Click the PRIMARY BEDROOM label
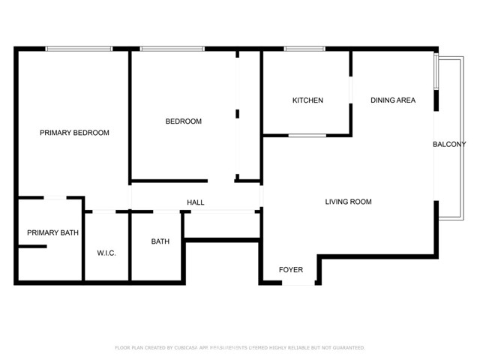click(x=74, y=133)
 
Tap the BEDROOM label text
click(x=184, y=121)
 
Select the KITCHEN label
click(x=307, y=100)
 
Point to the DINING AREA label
click(x=392, y=100)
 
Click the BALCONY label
click(x=449, y=145)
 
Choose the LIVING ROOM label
click(x=348, y=202)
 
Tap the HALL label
click(x=195, y=202)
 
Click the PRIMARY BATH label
click(x=52, y=233)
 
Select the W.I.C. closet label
click(x=106, y=253)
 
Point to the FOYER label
click(x=291, y=270)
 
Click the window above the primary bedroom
click(x=80, y=49)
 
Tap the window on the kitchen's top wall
click(x=303, y=49)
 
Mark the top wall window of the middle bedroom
click(x=172, y=49)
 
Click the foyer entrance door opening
click(x=298, y=283)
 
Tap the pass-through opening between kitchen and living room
click(x=307, y=136)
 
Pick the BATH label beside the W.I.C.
click(x=160, y=241)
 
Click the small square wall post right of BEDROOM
click(x=237, y=114)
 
